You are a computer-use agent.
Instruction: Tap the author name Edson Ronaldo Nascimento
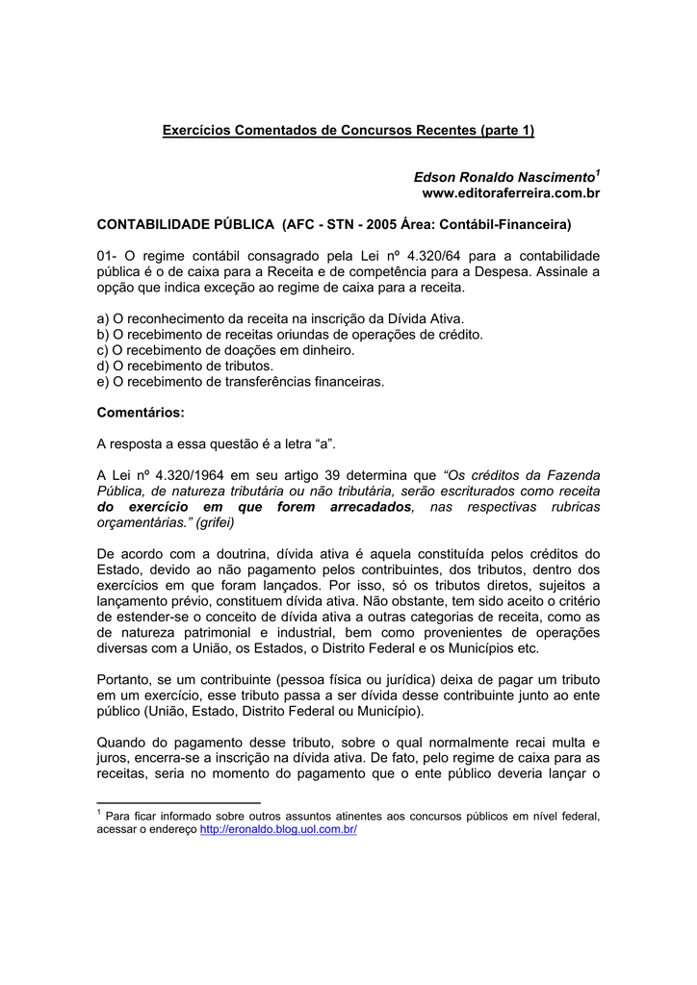(x=503, y=177)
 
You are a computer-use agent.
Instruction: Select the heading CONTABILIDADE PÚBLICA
(x=186, y=224)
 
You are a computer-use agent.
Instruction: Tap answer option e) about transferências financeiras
(x=241, y=381)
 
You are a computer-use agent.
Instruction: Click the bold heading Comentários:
(x=141, y=413)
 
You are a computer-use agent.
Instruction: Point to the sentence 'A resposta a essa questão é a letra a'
(x=217, y=443)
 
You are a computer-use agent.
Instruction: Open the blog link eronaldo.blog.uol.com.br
(x=278, y=829)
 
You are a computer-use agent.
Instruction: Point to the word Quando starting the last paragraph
(x=123, y=743)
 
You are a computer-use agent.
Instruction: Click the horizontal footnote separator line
(x=179, y=802)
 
